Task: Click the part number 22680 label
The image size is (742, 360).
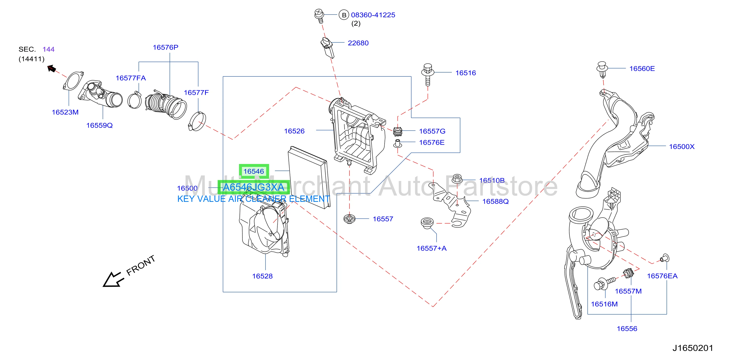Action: pos(358,43)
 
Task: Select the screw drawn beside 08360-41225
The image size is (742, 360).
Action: pos(319,16)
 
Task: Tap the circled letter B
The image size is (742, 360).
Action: pos(344,15)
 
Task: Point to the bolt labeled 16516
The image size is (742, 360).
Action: pos(428,74)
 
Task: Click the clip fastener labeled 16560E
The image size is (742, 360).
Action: pos(602,69)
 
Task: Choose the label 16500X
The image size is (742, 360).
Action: pos(682,147)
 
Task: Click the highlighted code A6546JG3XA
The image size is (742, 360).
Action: pos(254,187)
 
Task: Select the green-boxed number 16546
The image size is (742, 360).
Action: pos(254,171)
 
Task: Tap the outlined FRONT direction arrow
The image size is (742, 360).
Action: pos(113,280)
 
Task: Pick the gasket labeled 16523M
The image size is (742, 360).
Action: pos(74,82)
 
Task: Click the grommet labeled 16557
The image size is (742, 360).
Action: pos(349,219)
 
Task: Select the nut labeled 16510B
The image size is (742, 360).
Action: pos(457,179)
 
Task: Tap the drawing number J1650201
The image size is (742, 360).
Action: pos(693,348)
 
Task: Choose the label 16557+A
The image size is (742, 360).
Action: pos(431,248)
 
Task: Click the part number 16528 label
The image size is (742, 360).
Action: pos(262,276)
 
